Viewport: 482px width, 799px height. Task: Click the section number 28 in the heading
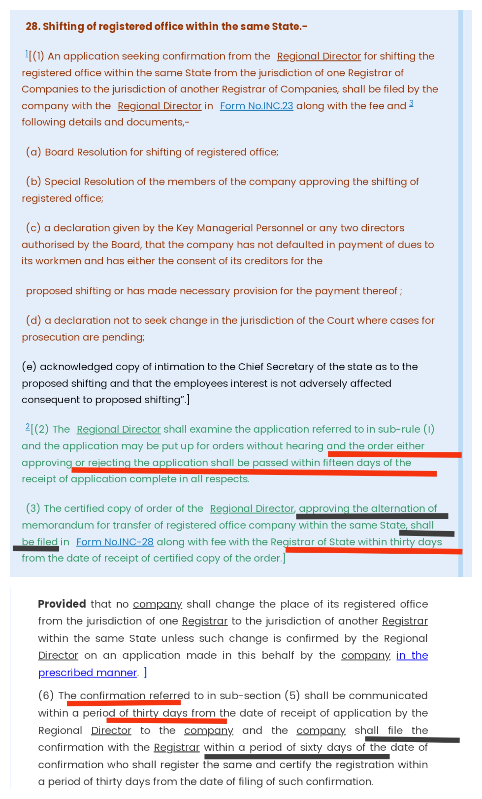32,26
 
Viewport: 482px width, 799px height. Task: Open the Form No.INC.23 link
256,106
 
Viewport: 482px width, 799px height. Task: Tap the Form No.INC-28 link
115,542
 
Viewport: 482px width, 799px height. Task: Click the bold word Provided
62,604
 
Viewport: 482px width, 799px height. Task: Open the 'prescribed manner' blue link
87,673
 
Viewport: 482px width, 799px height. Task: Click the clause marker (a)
33,152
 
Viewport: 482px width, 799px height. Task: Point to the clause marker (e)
29,367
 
